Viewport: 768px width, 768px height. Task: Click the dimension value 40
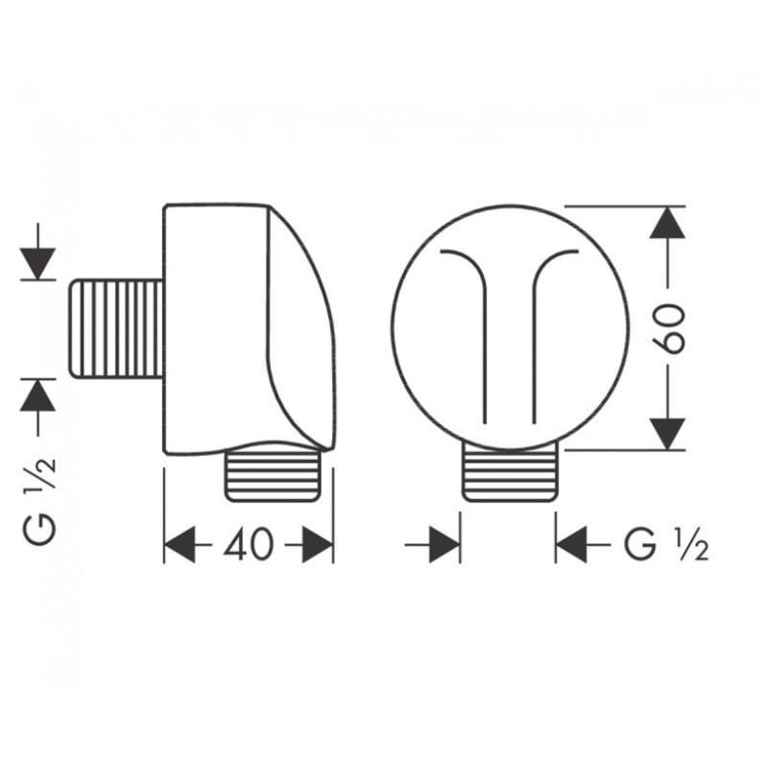[x=249, y=544]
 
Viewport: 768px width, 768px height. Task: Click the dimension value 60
[x=669, y=328]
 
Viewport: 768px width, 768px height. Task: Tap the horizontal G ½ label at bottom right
[x=666, y=544]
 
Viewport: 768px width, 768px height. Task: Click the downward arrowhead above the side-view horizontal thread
[x=37, y=263]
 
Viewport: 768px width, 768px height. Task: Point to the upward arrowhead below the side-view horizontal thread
[x=37, y=395]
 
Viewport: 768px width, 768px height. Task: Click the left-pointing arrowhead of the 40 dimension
[x=180, y=544]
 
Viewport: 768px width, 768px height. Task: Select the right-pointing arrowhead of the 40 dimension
[x=318, y=544]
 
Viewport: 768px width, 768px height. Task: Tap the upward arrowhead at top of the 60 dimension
[x=667, y=223]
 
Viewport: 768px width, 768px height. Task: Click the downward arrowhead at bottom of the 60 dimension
[x=667, y=434]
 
